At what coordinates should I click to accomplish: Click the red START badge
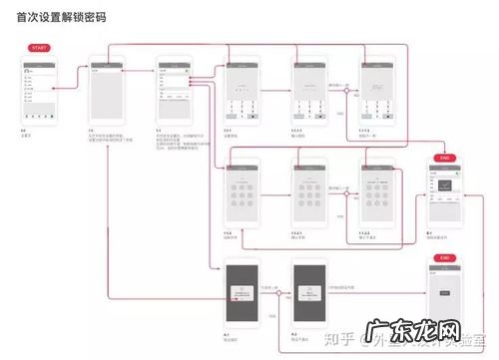click(x=38, y=47)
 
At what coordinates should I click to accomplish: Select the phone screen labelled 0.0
click(x=38, y=92)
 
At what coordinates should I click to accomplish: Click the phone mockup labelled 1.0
click(x=107, y=92)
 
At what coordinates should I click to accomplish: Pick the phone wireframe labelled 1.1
click(x=175, y=92)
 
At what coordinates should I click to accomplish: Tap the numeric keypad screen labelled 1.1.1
click(x=243, y=92)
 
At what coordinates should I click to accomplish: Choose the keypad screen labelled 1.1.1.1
click(x=310, y=92)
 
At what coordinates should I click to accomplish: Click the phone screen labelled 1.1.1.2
click(x=378, y=92)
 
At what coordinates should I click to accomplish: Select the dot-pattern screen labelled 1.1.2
click(x=243, y=193)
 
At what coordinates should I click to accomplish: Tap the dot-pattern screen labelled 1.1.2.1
click(x=310, y=193)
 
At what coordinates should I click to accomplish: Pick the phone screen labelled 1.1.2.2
click(x=378, y=193)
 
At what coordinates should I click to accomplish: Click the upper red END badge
click(x=445, y=158)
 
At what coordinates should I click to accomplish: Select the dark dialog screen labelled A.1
click(x=243, y=295)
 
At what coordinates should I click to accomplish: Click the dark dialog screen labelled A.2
click(x=310, y=295)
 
